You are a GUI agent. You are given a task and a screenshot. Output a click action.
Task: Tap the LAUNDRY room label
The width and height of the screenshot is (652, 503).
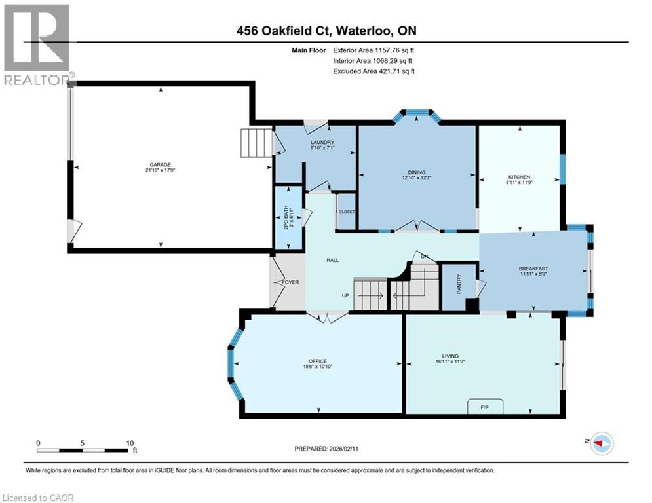coord(322,143)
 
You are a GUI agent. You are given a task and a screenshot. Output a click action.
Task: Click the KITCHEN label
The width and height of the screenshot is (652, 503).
coord(519,177)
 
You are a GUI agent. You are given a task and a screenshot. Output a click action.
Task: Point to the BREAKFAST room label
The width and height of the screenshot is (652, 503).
coord(533,269)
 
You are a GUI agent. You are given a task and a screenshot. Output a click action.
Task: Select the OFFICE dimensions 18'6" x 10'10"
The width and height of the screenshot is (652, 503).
coord(318,367)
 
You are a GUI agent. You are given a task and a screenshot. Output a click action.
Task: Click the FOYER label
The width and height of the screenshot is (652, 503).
coord(290,282)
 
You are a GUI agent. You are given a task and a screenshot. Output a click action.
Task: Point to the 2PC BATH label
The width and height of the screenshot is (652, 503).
coord(286,217)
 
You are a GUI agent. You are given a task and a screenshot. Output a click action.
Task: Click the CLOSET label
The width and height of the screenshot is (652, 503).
coord(346,212)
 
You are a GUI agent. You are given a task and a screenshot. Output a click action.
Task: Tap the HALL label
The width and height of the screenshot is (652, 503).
coord(332,260)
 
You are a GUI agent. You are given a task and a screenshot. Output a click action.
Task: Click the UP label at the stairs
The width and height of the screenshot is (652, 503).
coord(345,295)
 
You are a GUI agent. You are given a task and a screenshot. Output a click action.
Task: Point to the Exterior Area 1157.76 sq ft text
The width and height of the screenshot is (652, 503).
coord(374,49)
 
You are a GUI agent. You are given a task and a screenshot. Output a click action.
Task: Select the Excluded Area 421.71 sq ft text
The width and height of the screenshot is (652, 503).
coord(374,71)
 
